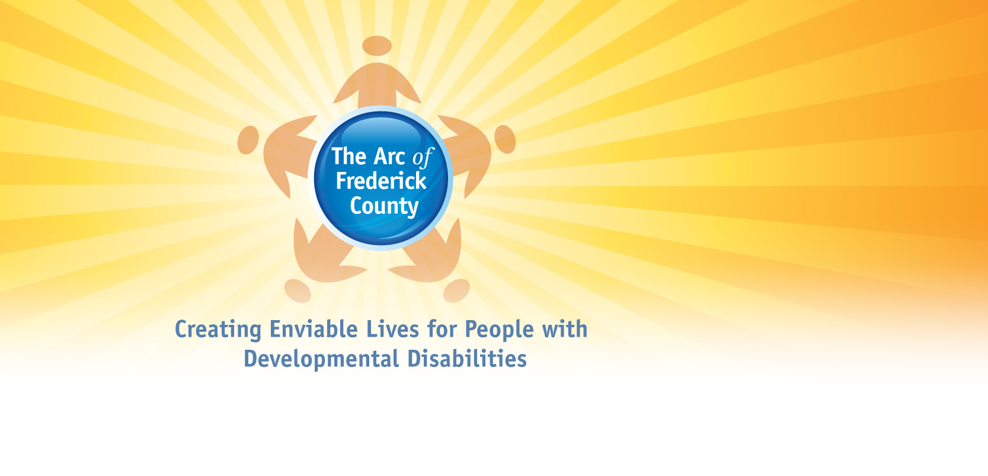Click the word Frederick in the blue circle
point(381,181)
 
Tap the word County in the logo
point(384,206)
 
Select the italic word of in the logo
point(423,158)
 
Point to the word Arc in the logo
point(389,156)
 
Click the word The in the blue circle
point(350,156)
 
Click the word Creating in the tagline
point(218,330)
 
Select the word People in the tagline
point(499,330)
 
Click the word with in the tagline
point(565,329)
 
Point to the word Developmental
point(321,359)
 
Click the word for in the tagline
point(442,330)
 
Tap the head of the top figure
point(377,46)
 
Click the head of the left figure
point(248,140)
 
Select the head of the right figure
point(505,139)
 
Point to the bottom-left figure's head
point(298,290)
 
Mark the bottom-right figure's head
point(456,290)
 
